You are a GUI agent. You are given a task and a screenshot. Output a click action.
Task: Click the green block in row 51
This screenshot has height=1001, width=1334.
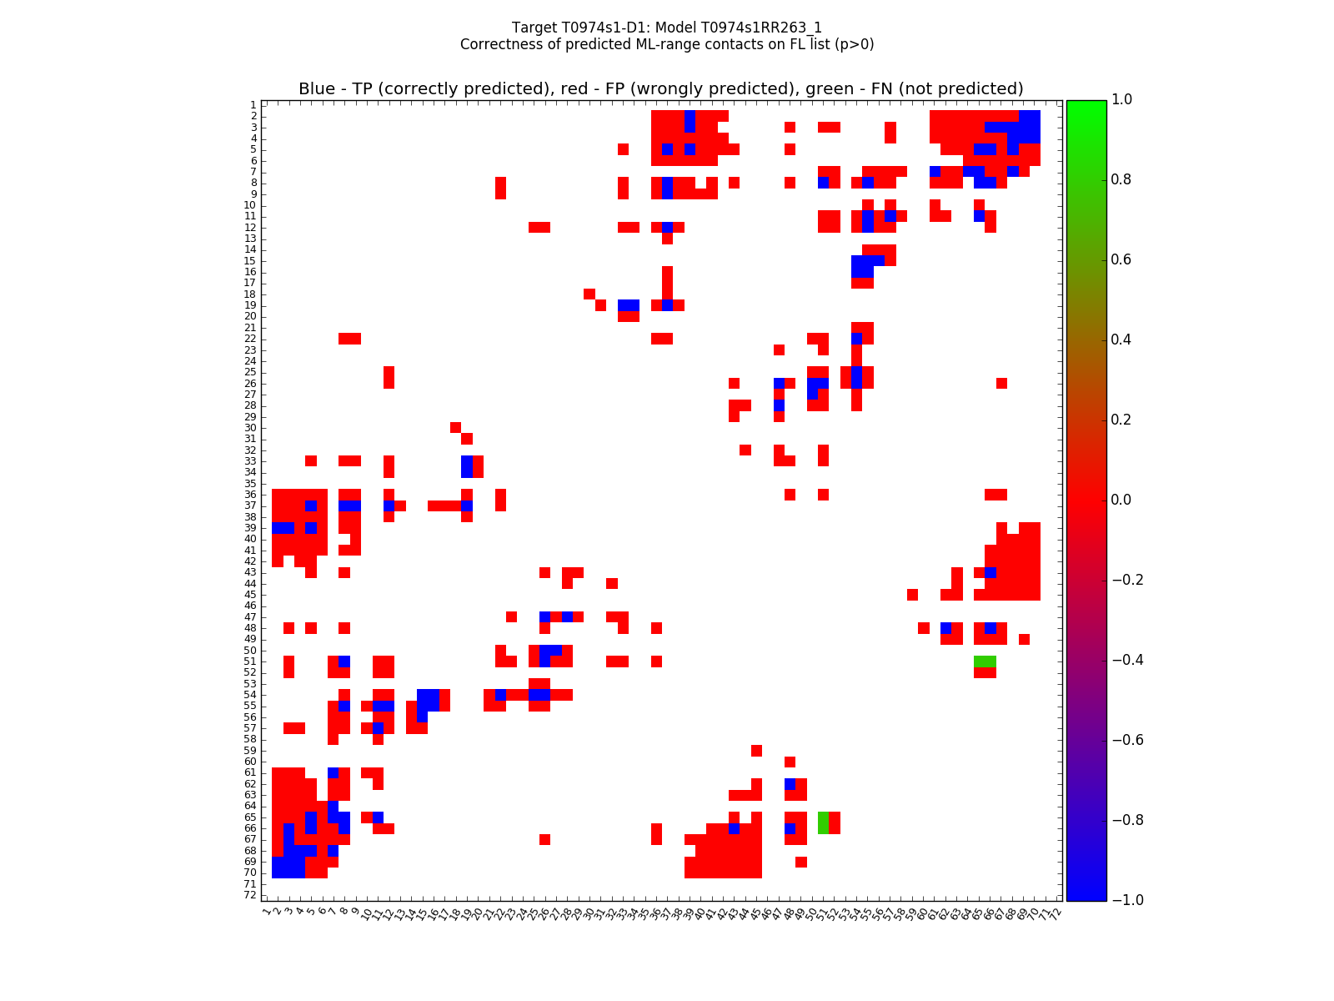pyautogui.click(x=985, y=661)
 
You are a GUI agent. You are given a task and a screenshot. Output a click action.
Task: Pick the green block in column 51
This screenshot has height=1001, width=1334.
pyautogui.click(x=824, y=822)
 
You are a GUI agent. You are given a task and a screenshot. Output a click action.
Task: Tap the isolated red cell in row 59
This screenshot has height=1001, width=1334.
pyautogui.click(x=756, y=751)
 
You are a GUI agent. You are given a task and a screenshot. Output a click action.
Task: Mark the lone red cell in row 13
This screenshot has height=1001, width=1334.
pyautogui.click(x=667, y=239)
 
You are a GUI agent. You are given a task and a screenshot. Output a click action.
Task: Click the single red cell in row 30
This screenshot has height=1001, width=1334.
pyautogui.click(x=455, y=428)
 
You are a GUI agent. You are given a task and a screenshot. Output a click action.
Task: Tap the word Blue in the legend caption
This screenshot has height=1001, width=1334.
pyautogui.click(x=317, y=89)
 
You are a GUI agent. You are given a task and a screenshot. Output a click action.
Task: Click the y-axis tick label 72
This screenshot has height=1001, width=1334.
pyautogui.click(x=249, y=895)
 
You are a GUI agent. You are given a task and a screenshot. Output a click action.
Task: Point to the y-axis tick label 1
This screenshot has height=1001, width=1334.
pyautogui.click(x=253, y=105)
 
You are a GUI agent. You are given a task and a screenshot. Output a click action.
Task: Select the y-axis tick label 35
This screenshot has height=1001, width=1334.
pyautogui.click(x=249, y=484)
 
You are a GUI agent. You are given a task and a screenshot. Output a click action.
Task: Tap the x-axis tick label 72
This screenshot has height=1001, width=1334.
pyautogui.click(x=1054, y=912)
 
